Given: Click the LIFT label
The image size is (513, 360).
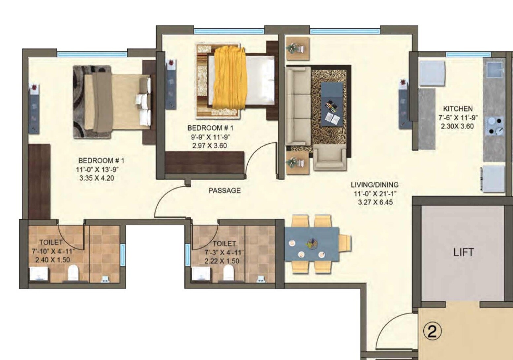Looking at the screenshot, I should tap(464, 252).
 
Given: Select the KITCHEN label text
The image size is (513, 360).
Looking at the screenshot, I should tap(458, 108).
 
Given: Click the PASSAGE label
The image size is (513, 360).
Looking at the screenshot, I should tap(225, 190).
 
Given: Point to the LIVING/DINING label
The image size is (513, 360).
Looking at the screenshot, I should tap(375, 185).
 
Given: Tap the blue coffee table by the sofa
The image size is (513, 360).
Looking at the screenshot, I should tap(332, 104).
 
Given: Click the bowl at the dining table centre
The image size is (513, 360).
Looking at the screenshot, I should tap(312, 244).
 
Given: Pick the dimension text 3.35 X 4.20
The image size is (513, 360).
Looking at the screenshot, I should tap(97, 178).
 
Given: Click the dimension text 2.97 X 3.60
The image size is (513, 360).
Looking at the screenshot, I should tap(210, 145).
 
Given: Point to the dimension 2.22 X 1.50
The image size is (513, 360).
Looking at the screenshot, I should tap(222, 261).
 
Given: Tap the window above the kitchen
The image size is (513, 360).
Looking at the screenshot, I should tap(468, 54).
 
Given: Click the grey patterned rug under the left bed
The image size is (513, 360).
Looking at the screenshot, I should tap(79, 99).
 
